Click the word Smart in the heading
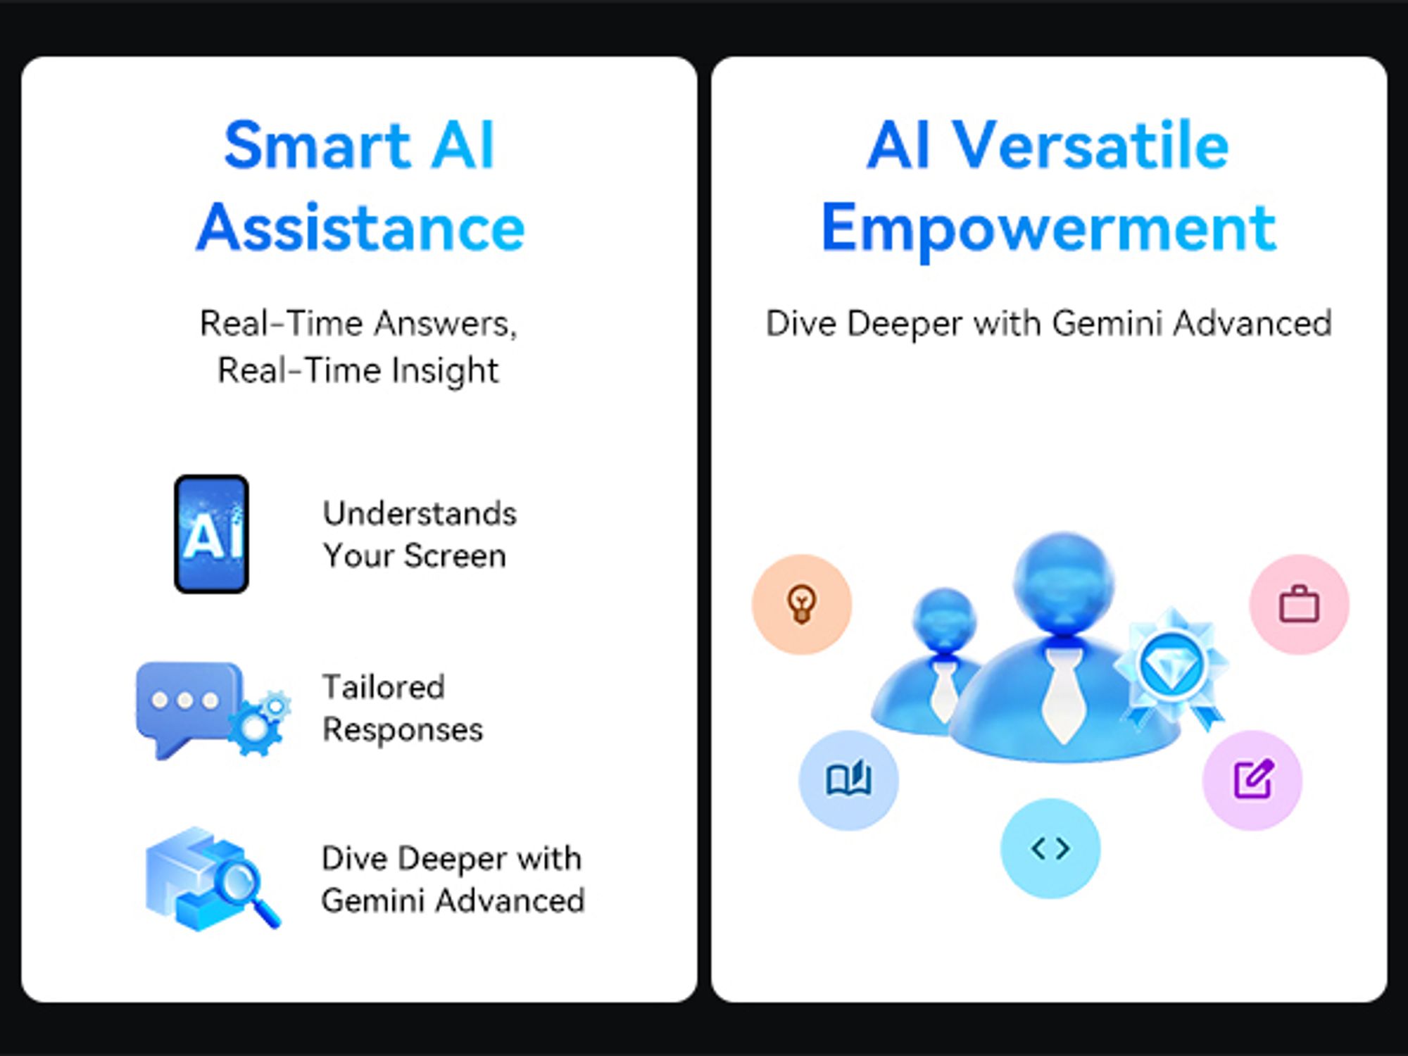317,145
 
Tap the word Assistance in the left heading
360,227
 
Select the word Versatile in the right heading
1090,145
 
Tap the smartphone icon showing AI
211,534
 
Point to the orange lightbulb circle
802,604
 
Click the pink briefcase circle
1299,604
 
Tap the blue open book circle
848,780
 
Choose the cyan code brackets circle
1050,848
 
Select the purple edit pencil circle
1252,780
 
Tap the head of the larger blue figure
1064,583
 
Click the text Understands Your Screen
420,534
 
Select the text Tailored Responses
403,708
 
